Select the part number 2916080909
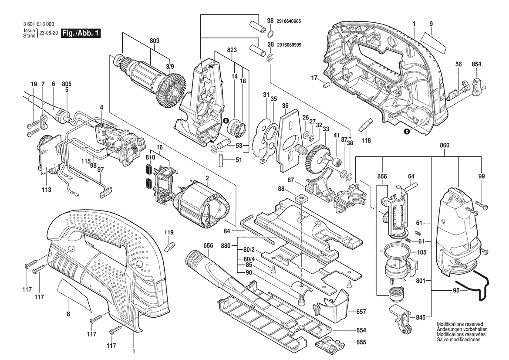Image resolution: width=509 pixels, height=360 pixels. click(x=291, y=45)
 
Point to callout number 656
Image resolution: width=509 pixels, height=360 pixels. click(x=208, y=246)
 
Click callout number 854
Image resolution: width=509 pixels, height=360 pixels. click(x=476, y=65)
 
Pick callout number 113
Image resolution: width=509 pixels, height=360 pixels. click(x=47, y=190)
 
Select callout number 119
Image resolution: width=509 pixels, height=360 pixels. click(x=169, y=233)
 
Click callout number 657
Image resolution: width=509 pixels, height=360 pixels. click(x=361, y=312)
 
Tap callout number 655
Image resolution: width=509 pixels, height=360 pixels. click(x=361, y=343)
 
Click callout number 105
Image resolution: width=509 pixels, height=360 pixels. click(x=421, y=252)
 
